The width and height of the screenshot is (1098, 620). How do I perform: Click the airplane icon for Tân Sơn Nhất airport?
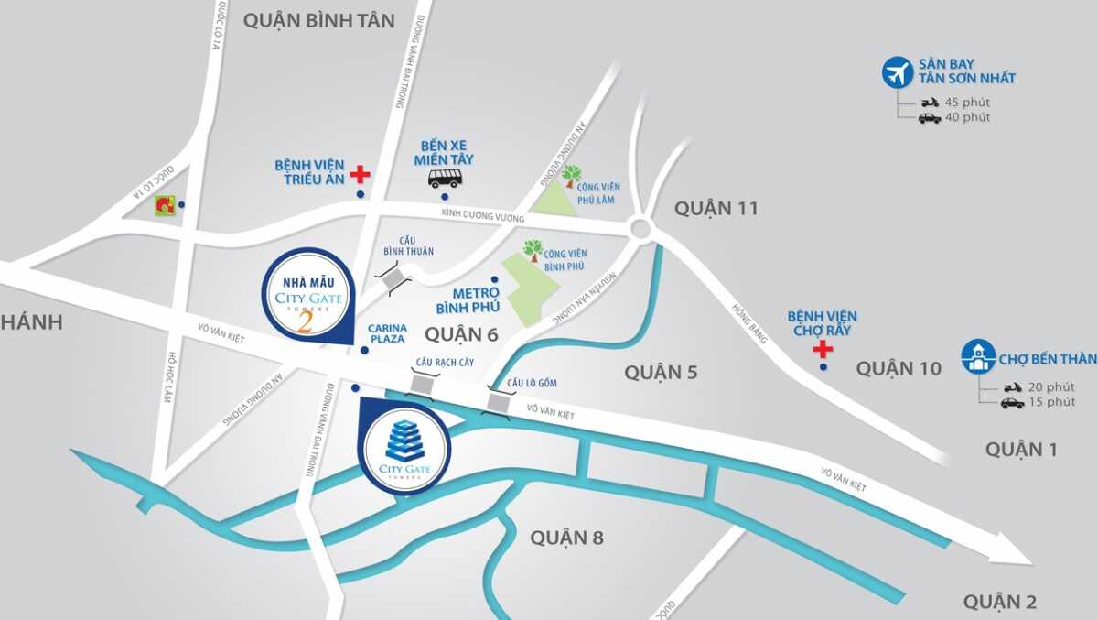pyautogui.click(x=898, y=72)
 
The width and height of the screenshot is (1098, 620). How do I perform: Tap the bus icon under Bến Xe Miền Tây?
pyautogui.click(x=445, y=178)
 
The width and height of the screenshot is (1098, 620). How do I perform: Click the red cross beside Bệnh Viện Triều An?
pyautogui.click(x=361, y=174)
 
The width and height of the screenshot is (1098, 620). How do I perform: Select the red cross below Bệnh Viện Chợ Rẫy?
pyautogui.click(x=823, y=349)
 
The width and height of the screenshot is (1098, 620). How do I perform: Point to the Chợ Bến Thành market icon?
pyautogui.click(x=978, y=356)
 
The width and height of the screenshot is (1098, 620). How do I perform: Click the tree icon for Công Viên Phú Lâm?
pyautogui.click(x=572, y=174)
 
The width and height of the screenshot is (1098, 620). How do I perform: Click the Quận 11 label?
pyautogui.click(x=716, y=208)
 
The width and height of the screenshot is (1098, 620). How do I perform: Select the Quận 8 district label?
pyautogui.click(x=566, y=538)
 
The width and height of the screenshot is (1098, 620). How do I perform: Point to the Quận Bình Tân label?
pyautogui.click(x=306, y=20)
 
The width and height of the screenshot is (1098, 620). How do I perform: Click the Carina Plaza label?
pyautogui.click(x=387, y=332)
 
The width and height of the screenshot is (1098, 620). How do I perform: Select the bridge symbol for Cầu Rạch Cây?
pyautogui.click(x=424, y=386)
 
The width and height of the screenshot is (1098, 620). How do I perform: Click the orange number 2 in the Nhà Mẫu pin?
pyautogui.click(x=307, y=322)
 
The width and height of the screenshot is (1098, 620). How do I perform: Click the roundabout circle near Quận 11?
pyautogui.click(x=641, y=228)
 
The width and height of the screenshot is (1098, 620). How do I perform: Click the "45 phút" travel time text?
pyautogui.click(x=967, y=103)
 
